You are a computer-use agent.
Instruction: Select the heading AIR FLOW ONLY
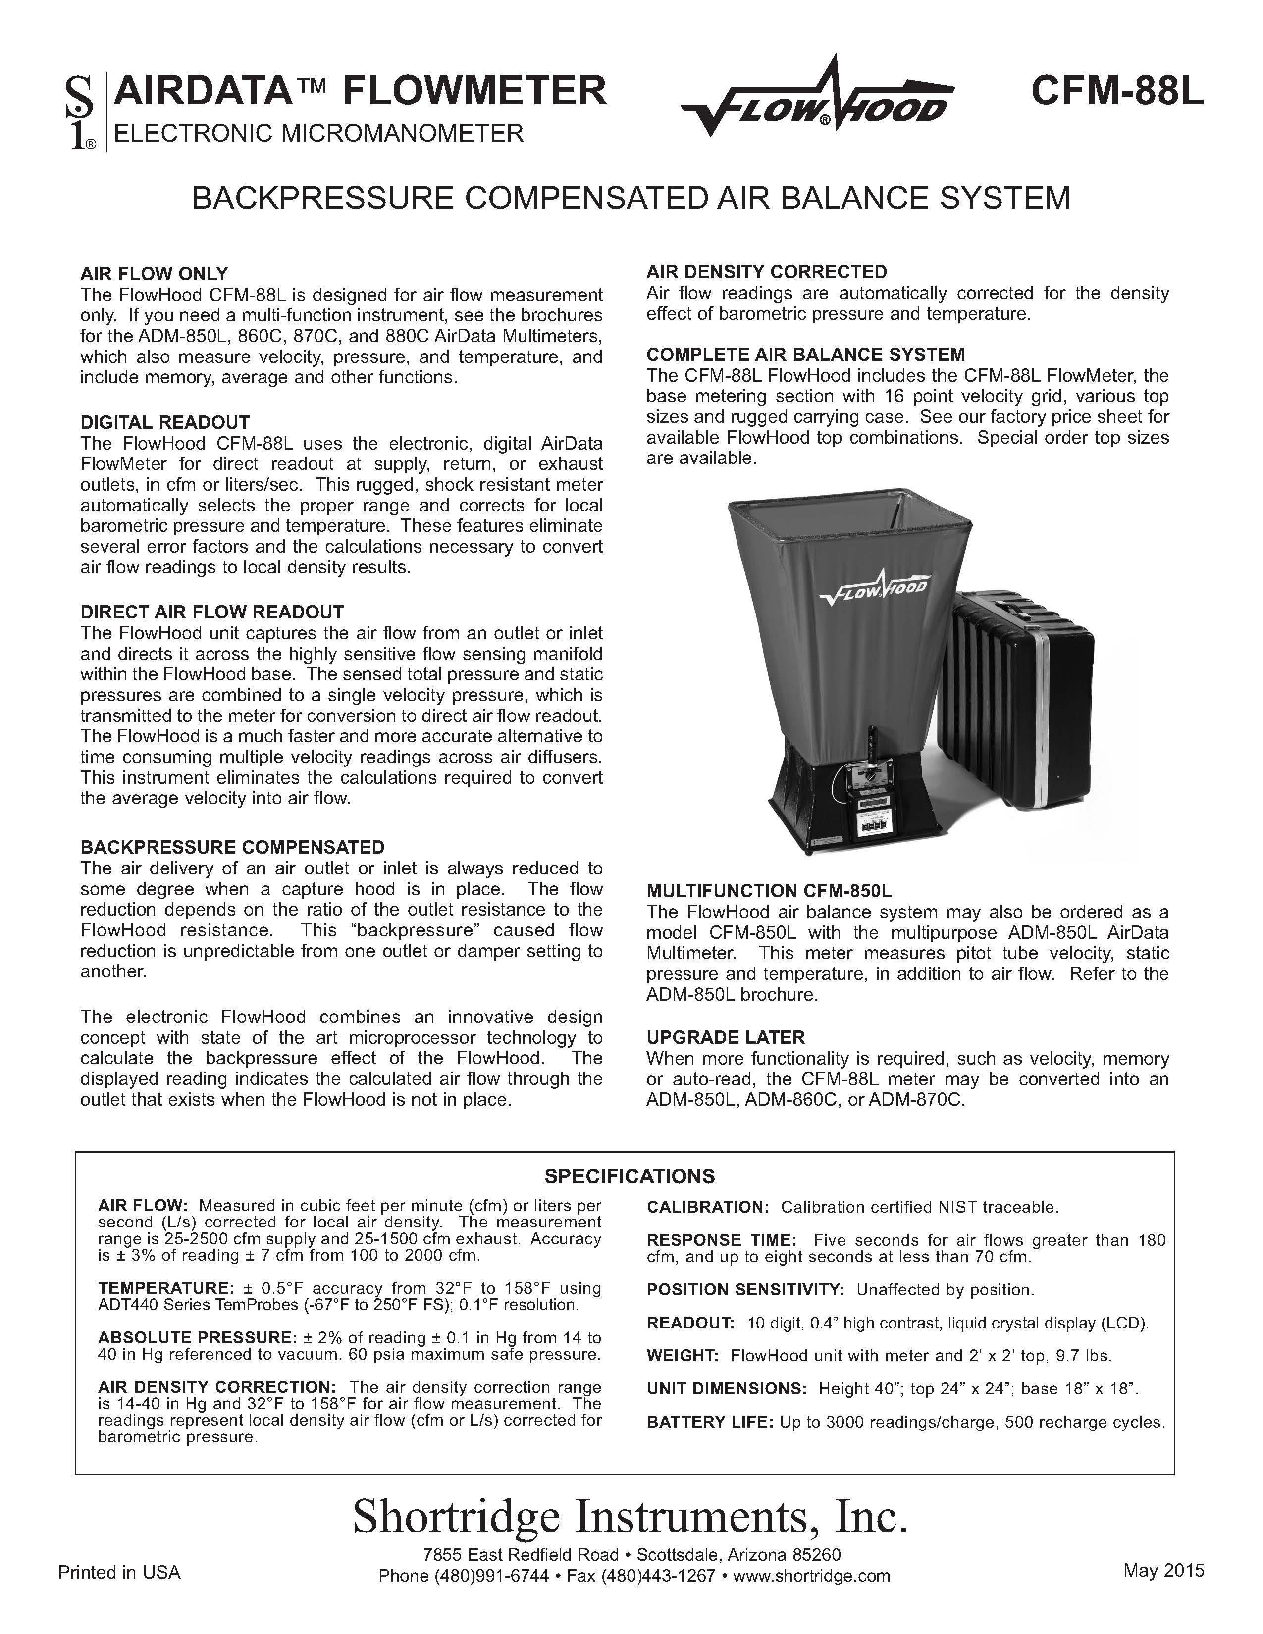pos(154,274)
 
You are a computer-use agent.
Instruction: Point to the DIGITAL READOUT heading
pos(164,422)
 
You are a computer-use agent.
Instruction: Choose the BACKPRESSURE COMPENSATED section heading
pos(232,847)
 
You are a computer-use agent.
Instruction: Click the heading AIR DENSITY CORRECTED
pos(766,271)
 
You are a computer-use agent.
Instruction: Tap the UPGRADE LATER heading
pos(725,1037)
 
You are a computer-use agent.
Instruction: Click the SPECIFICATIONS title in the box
pos(629,1176)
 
